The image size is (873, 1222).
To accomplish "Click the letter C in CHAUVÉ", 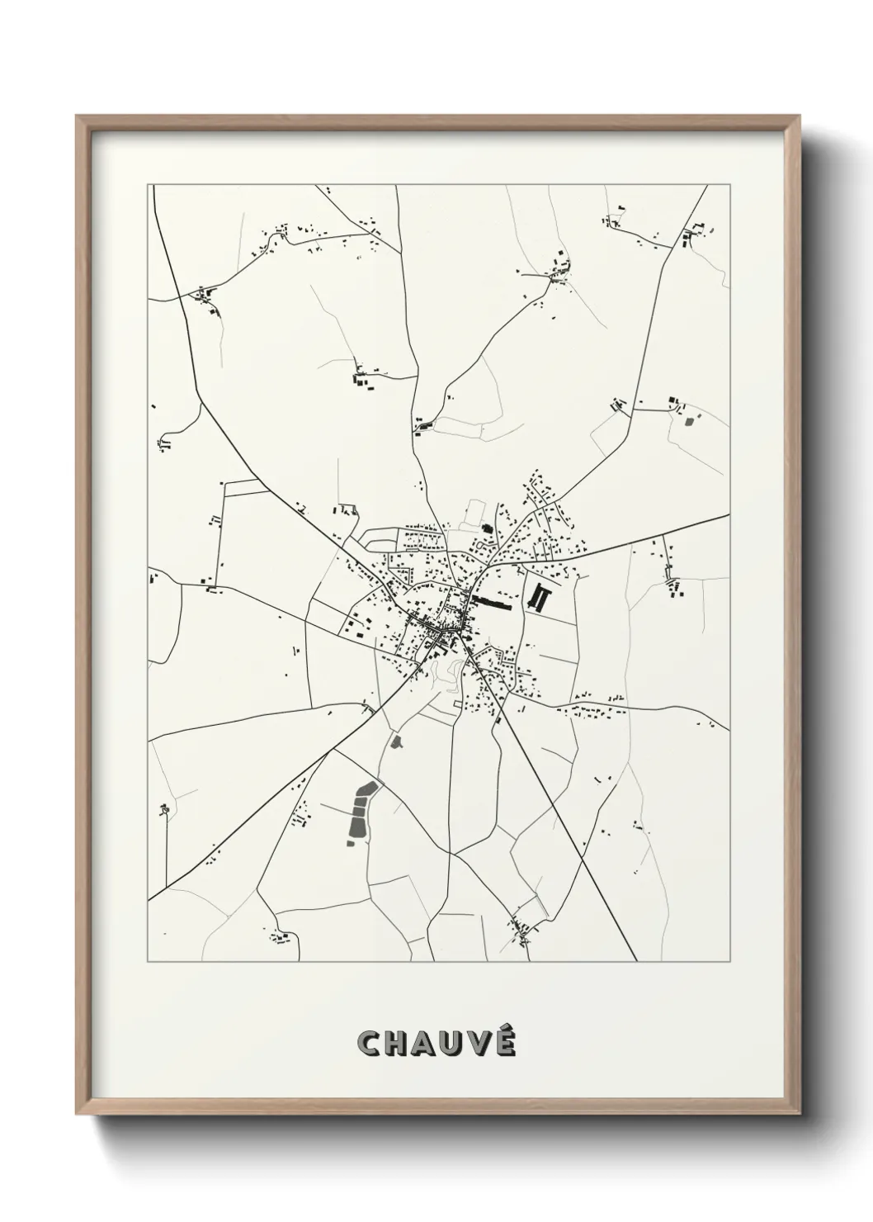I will coord(369,1044).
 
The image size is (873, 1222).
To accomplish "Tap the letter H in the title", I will coord(398,1044).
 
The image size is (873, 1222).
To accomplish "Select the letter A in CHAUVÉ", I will coord(427,1044).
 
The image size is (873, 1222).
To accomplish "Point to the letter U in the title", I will coord(456,1044).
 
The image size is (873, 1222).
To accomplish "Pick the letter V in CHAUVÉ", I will coord(483,1044).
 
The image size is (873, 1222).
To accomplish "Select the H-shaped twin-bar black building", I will coord(541,597).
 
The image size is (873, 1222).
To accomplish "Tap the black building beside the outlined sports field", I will coord(486,528).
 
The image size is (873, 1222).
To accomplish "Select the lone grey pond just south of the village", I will coord(395,741).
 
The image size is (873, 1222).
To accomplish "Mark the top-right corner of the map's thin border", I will coord(729,185).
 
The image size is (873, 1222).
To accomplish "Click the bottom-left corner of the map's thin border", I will coord(149,961).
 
